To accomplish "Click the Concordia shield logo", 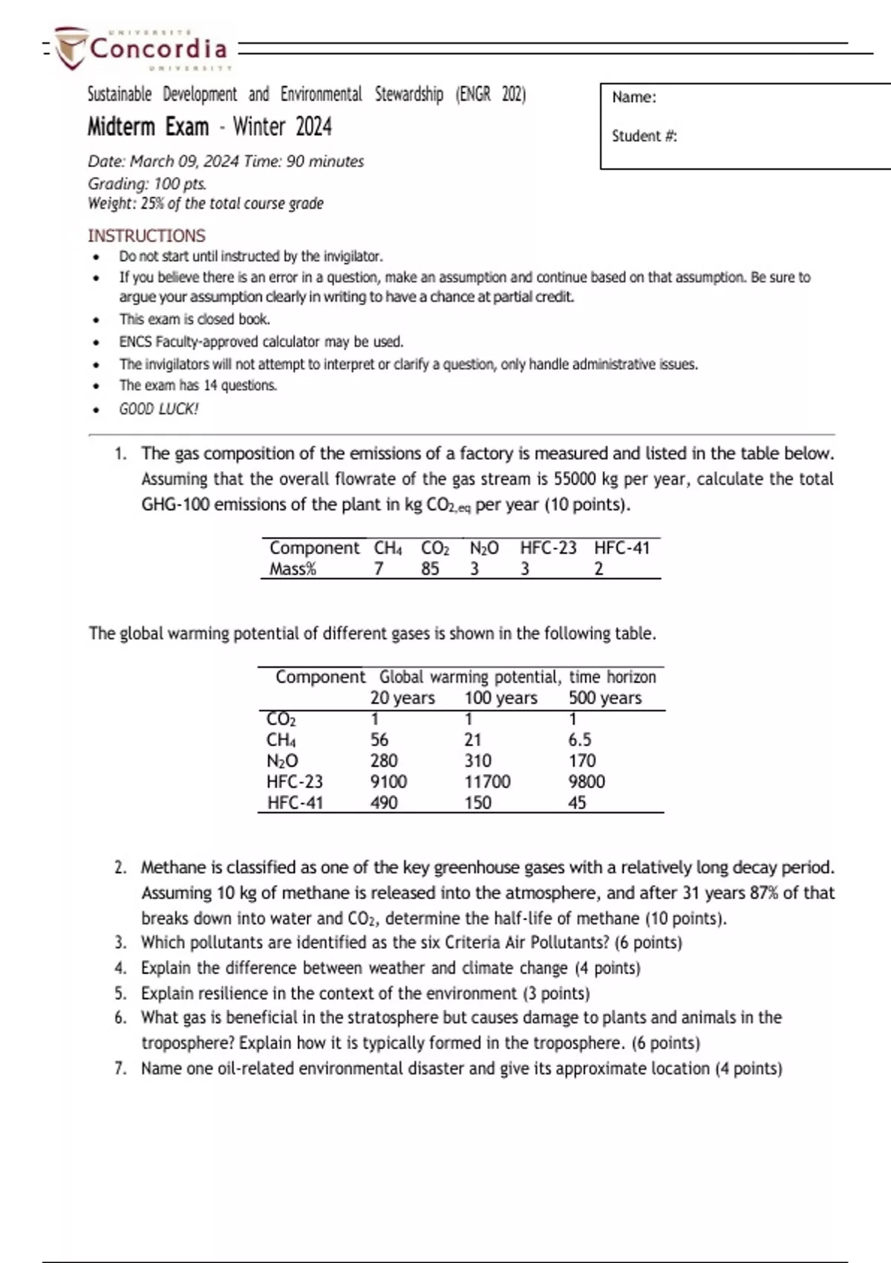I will pyautogui.click(x=72, y=48).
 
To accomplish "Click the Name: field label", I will pyautogui.click(x=633, y=97).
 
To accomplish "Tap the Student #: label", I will pyautogui.click(x=644, y=136).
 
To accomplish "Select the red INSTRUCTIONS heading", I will pyautogui.click(x=146, y=236).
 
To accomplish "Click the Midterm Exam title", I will pyautogui.click(x=148, y=127).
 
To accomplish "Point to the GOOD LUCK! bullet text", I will pyautogui.click(x=158, y=409).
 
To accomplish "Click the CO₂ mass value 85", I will pyautogui.click(x=430, y=569).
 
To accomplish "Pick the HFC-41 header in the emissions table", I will pyautogui.click(x=621, y=548).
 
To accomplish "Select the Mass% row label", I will pyautogui.click(x=293, y=569).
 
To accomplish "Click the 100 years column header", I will pyautogui.click(x=500, y=698).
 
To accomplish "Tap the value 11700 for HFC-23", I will pyautogui.click(x=487, y=782).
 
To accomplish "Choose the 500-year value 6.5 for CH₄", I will pyautogui.click(x=580, y=740).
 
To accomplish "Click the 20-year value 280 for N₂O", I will pyautogui.click(x=384, y=761).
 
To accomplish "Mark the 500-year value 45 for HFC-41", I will pyautogui.click(x=577, y=802).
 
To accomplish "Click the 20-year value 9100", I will pyautogui.click(x=388, y=782).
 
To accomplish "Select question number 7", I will pyautogui.click(x=120, y=1068).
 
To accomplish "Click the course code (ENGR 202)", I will pyautogui.click(x=491, y=94).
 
